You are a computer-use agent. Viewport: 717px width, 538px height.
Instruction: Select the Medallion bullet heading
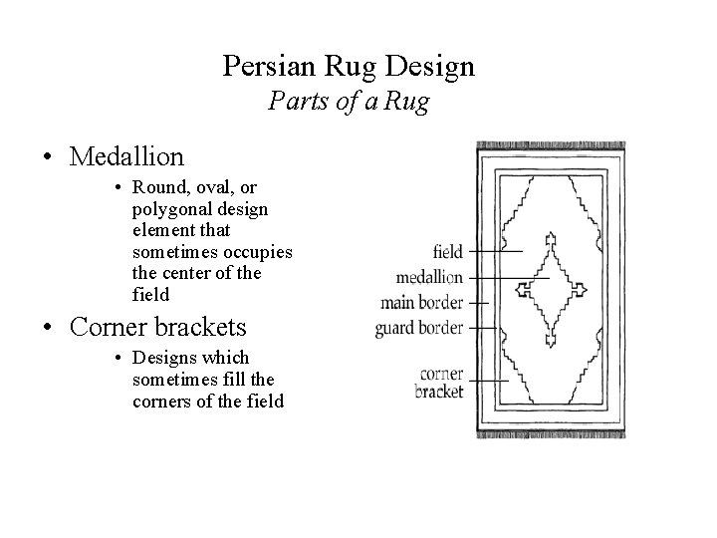coord(127,156)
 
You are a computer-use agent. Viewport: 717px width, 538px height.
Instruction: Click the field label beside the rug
coord(449,251)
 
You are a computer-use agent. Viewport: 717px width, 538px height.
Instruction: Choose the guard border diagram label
coord(420,327)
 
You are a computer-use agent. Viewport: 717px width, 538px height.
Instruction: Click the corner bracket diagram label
coord(440,383)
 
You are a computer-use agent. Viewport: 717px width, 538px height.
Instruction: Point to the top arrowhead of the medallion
coord(549,239)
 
